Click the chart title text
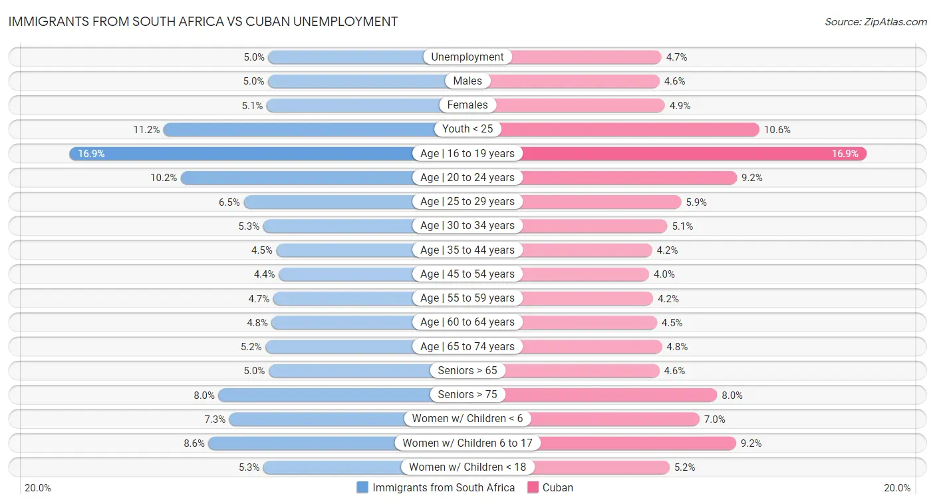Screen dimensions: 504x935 tap(203, 21)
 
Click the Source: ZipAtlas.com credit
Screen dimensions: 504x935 tap(876, 22)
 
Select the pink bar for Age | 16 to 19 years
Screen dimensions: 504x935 tap(692, 154)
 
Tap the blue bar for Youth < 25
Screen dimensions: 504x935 tap(299, 129)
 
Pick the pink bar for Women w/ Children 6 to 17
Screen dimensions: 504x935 tap(638, 443)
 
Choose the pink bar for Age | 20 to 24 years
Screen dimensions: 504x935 tap(629, 178)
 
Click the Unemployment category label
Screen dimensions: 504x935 tap(467, 57)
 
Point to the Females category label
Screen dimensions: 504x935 tap(467, 105)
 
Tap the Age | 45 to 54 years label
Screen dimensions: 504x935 tap(467, 274)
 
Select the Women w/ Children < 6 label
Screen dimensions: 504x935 tap(467, 419)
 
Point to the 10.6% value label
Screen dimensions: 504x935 tap(777, 130)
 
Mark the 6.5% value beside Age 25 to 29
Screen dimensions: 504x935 tap(229, 202)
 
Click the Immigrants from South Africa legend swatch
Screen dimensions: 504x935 tap(362, 487)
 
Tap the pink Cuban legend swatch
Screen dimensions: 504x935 tap(533, 487)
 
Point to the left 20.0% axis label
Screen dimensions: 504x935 tap(38, 488)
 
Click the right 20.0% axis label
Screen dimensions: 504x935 tap(897, 488)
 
